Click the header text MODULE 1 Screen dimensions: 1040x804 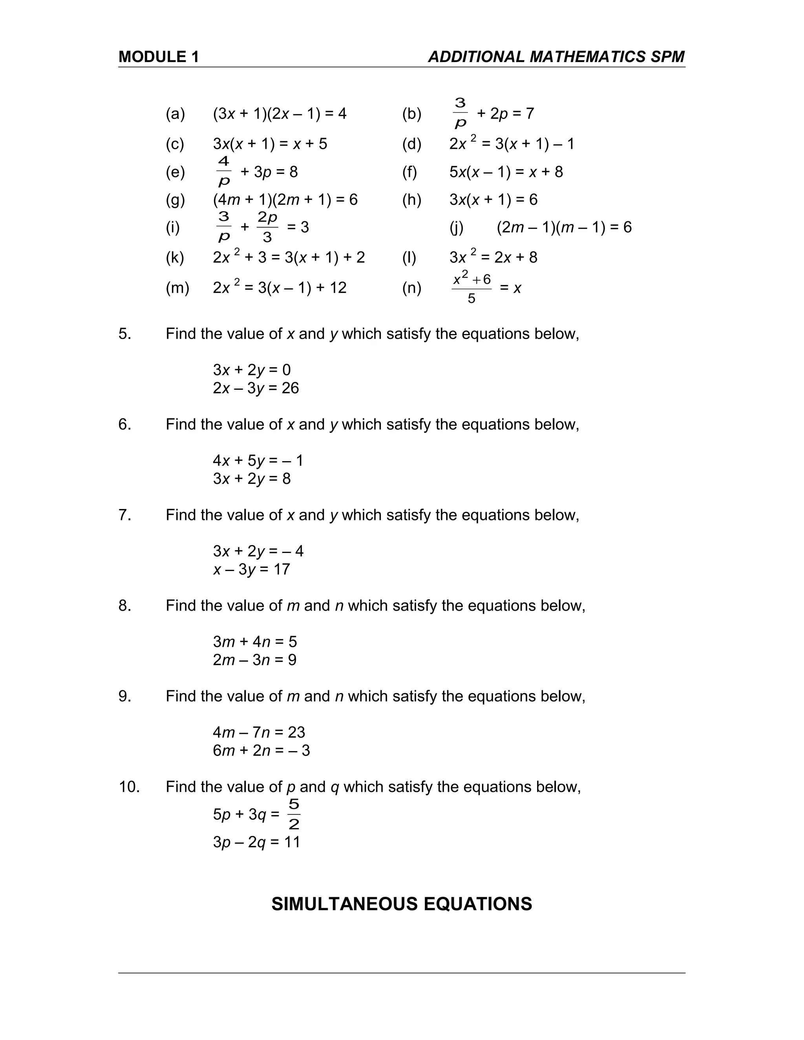pos(158,57)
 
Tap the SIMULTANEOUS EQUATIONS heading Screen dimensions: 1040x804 pos(402,904)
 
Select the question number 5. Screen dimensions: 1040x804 pos(124,334)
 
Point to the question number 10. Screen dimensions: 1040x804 pos(129,786)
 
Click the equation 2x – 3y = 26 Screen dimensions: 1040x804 pos(256,388)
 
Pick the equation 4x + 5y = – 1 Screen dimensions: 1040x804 pos(258,460)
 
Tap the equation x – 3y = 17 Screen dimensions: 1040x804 pos(252,569)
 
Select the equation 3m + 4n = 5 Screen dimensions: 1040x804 pos(255,641)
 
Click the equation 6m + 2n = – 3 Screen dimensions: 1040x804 pos(261,750)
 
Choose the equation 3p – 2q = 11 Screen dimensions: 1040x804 pos(257,842)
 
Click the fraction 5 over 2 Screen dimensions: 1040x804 pos(294,814)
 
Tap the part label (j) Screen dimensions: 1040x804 pos(456,227)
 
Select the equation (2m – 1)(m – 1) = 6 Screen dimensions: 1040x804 pos(564,227)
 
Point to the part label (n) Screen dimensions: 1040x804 pos(411,288)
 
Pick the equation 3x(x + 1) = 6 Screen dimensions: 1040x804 pos(493,199)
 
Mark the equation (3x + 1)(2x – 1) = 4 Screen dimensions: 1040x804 pos(280,114)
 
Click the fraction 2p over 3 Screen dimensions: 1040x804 pos(267,227)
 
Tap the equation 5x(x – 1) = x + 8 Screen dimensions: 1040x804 pos(506,172)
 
